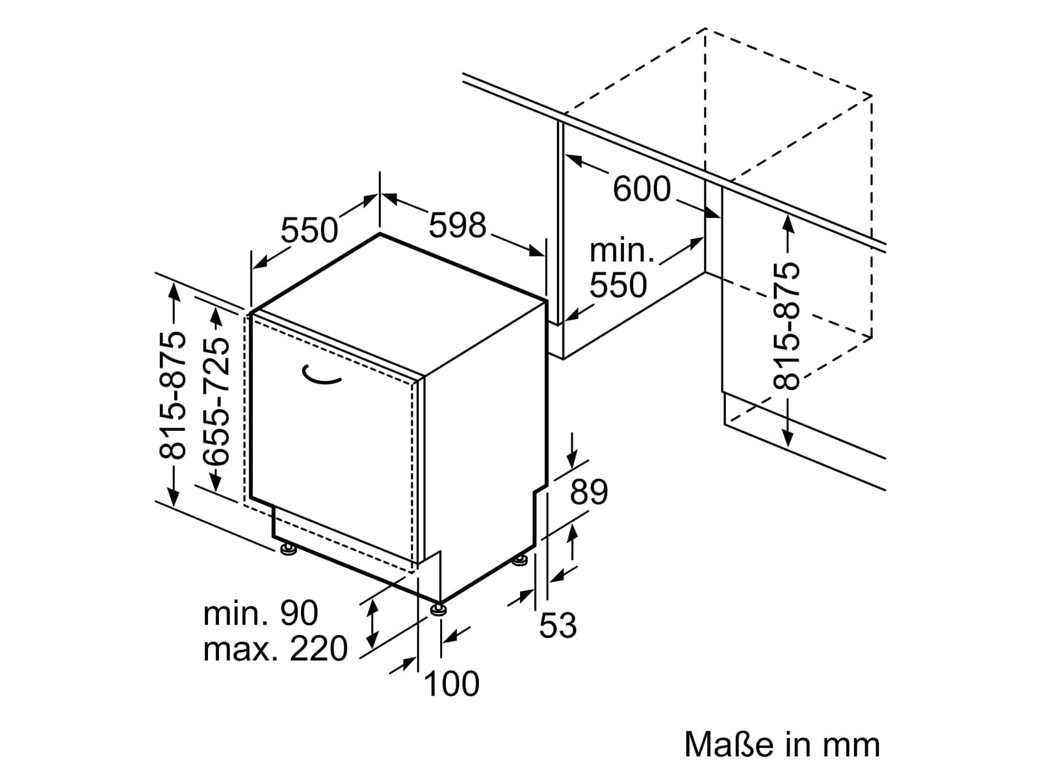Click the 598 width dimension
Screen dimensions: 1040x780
457,225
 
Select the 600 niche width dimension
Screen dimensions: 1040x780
642,188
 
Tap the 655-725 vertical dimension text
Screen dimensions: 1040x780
216,401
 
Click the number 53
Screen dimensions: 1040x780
558,625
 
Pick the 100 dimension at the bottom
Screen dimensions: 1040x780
451,683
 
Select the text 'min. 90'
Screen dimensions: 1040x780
261,613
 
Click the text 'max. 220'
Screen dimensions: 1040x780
276,649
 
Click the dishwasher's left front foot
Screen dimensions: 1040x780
288,549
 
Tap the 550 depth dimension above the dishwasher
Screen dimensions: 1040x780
309,230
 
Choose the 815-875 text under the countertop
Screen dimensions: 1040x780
786,326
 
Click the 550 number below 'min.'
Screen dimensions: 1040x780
618,285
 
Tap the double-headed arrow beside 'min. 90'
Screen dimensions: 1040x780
373,623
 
